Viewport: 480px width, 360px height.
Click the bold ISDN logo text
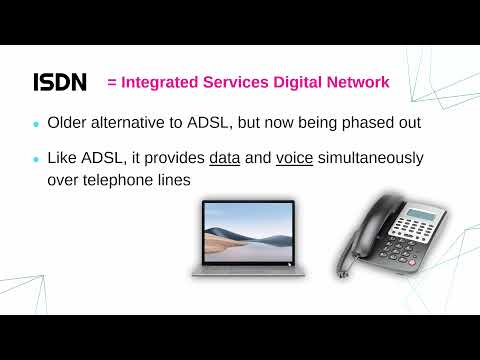point(60,82)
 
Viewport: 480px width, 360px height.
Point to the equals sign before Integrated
point(112,82)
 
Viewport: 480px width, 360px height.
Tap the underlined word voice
point(295,158)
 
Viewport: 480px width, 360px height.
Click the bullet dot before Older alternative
point(37,125)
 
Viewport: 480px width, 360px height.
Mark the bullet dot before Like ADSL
point(37,159)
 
